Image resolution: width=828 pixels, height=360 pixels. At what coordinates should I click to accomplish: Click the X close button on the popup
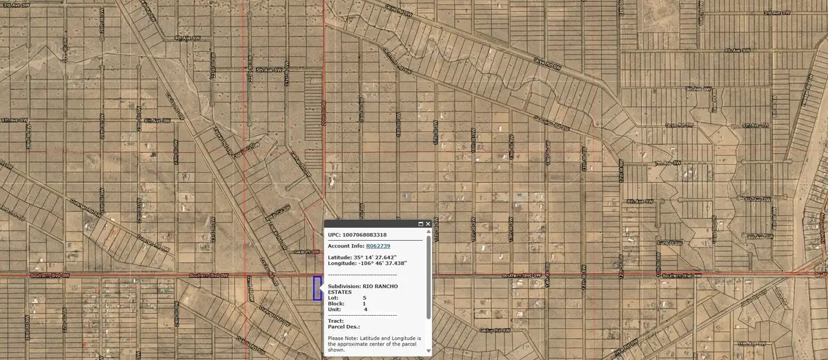[x=428, y=224]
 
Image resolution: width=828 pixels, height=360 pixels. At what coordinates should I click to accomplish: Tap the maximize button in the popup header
[x=420, y=224]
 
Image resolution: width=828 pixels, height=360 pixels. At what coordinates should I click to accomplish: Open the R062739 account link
[x=378, y=246]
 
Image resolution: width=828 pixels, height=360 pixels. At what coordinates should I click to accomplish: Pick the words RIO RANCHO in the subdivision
[x=382, y=286]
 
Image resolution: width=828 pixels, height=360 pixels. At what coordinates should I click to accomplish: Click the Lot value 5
[x=364, y=297]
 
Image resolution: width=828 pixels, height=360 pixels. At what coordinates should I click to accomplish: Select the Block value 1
[x=364, y=303]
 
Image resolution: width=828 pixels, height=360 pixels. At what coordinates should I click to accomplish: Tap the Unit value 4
[x=365, y=309]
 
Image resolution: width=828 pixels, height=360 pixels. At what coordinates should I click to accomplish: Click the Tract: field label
[x=335, y=321]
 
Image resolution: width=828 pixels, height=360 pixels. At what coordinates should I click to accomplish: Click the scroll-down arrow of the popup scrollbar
[x=428, y=351]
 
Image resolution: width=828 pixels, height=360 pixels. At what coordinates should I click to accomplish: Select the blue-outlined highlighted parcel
[x=317, y=288]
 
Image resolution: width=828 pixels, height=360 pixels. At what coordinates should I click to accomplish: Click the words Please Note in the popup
[x=342, y=338]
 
